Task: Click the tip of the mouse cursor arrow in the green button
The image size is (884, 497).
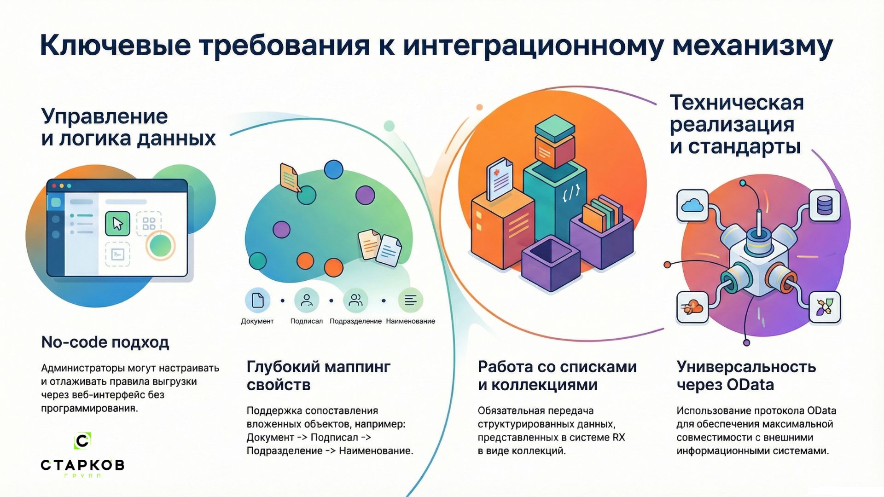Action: coord(114,218)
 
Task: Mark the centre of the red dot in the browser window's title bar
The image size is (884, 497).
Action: coord(54,186)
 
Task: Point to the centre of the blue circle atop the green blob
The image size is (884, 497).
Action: coord(333,169)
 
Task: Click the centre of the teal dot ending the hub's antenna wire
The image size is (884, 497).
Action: coord(743,183)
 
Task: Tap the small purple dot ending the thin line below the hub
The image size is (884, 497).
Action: coord(747,342)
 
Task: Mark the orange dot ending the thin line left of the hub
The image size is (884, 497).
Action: coord(667,265)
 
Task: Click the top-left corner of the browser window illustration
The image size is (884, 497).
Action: coord(47,179)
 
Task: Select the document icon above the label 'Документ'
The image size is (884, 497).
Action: coord(257,300)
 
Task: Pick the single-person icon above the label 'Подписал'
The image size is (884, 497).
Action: coord(307,300)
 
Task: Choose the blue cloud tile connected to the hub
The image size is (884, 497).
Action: coord(692,205)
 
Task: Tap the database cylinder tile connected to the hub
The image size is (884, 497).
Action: coord(824,205)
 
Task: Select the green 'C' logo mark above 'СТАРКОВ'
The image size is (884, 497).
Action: coord(82,441)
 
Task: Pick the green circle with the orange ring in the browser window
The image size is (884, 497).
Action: coord(161,246)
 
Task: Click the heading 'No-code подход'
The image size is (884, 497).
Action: coord(105,342)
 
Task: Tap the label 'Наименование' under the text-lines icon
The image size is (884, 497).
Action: coord(410,321)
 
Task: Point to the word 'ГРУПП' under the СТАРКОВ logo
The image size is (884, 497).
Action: coord(82,475)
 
